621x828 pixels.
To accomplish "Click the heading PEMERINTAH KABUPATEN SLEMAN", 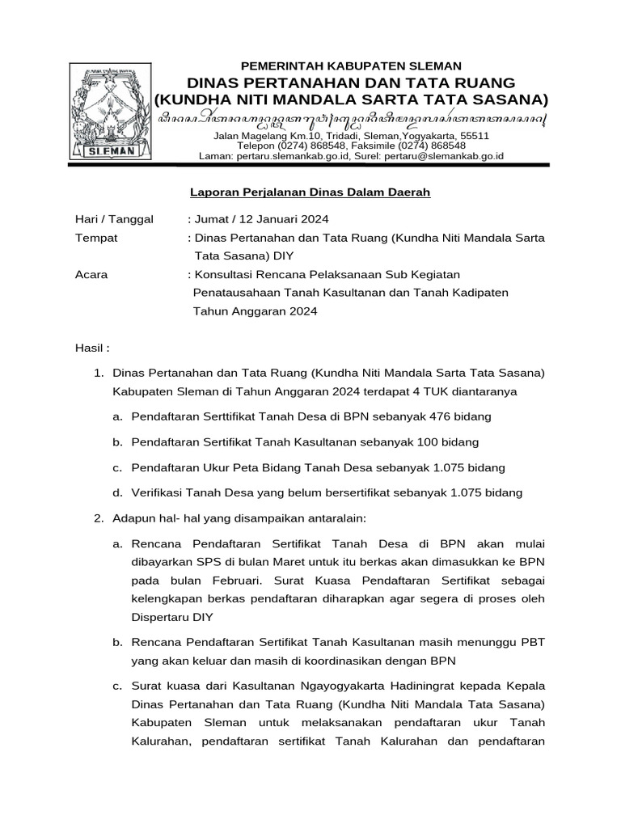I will click(x=351, y=65).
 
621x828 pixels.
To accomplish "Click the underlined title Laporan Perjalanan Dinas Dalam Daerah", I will click(x=310, y=192).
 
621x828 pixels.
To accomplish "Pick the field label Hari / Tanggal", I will click(x=114, y=219).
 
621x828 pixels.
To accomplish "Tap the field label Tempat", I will click(x=96, y=238).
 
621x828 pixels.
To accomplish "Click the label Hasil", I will click(x=91, y=348).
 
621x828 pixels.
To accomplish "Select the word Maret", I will click(x=272, y=562).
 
